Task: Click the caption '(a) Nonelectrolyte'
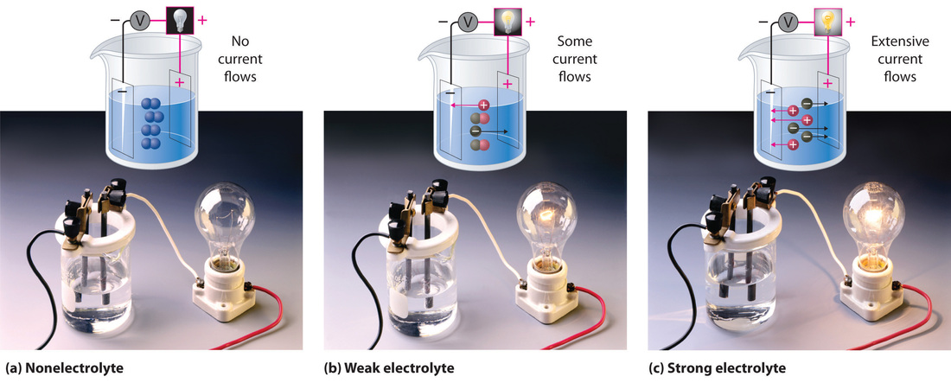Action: [x=65, y=368]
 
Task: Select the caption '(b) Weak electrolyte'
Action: [x=388, y=368]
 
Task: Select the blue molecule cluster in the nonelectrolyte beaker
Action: [x=153, y=122]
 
